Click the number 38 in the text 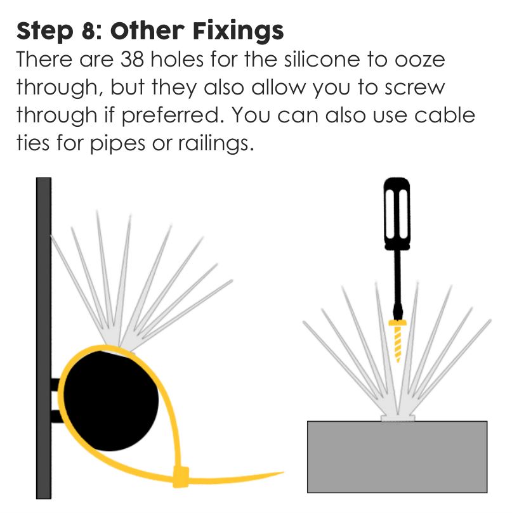(132, 60)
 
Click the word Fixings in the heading (238, 31)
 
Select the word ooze (419, 61)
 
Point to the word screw (415, 89)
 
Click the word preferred (173, 116)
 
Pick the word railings (216, 144)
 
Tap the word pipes (117, 145)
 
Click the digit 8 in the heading (88, 32)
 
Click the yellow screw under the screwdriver (398, 341)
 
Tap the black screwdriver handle (397, 214)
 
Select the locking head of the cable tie (181, 477)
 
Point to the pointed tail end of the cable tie (282, 472)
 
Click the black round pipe (110, 399)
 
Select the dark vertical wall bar (44, 338)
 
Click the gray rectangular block (397, 457)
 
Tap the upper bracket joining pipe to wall (56, 384)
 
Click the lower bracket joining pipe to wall (56, 416)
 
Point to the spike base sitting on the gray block (398, 418)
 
